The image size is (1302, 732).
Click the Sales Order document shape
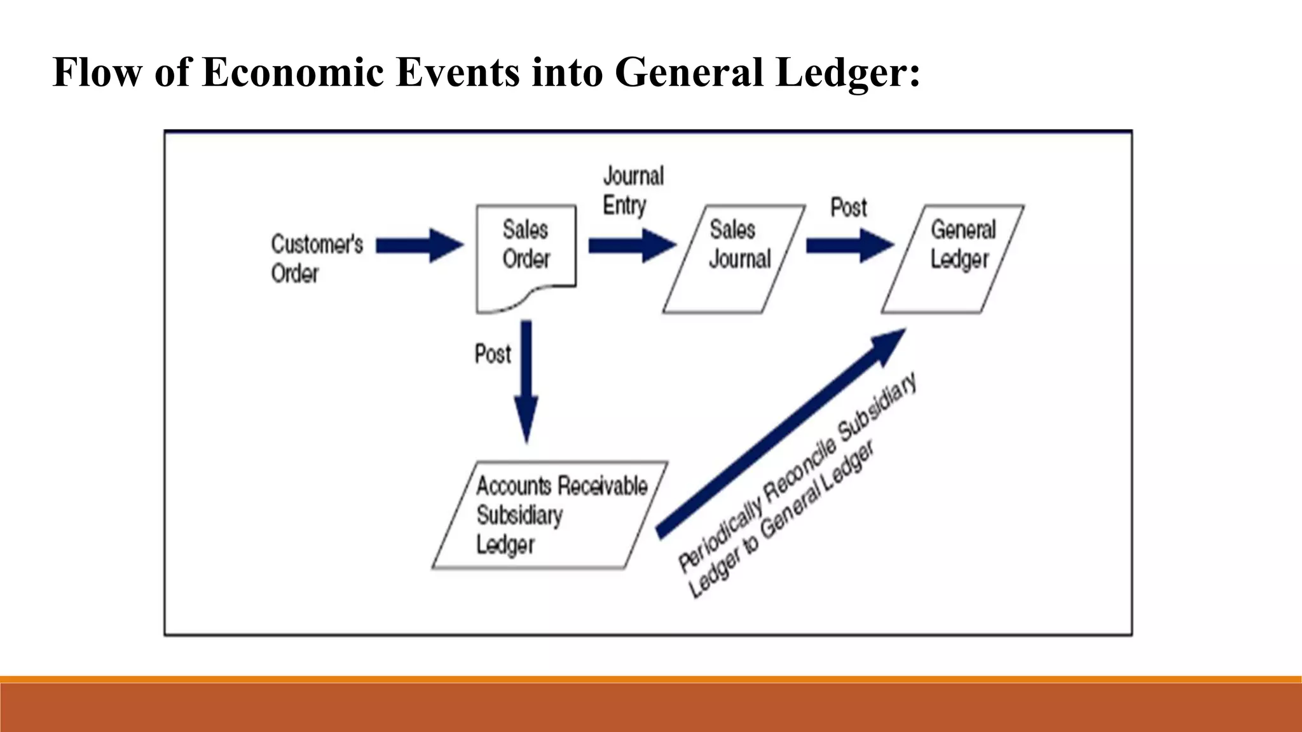(x=526, y=254)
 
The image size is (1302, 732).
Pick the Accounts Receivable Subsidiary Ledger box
(x=550, y=515)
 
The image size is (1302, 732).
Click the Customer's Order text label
(x=317, y=258)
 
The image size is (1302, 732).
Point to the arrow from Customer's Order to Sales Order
(x=420, y=245)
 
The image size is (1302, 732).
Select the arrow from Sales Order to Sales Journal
(x=632, y=245)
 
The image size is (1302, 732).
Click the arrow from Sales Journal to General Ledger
(x=849, y=245)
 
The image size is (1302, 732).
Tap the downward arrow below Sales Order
(x=526, y=381)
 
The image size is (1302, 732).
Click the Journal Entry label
(x=633, y=191)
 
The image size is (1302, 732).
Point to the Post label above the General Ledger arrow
(x=849, y=208)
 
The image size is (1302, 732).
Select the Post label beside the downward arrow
(x=493, y=354)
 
